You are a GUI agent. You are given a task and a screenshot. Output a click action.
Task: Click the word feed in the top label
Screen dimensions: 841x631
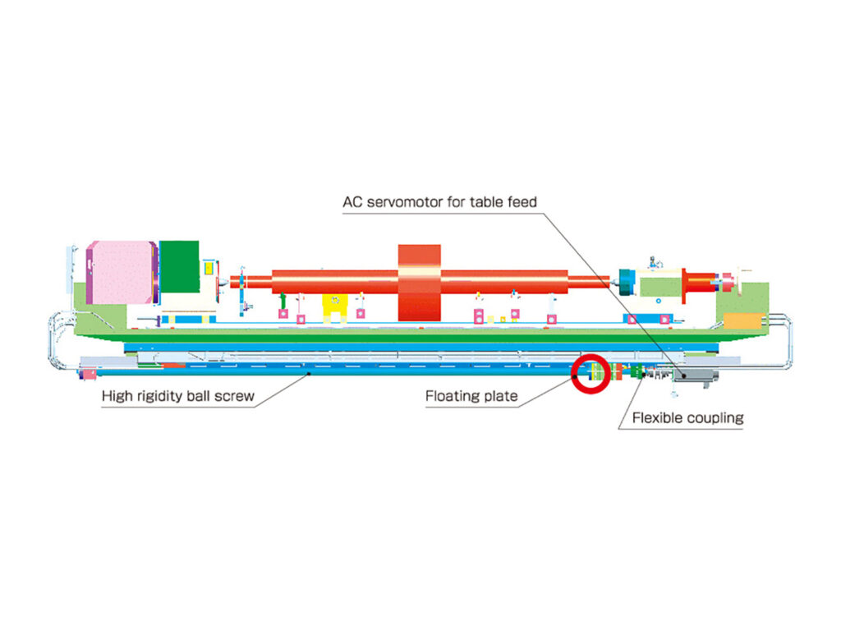[x=522, y=202]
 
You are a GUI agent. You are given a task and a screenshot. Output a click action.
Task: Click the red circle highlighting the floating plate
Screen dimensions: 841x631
[x=591, y=374]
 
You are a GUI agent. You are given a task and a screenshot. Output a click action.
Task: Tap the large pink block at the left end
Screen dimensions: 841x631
[x=122, y=272]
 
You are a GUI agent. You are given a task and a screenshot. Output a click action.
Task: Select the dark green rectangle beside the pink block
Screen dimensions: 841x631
[x=179, y=267]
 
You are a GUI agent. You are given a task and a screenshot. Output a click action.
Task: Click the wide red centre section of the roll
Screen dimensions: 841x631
[x=420, y=283]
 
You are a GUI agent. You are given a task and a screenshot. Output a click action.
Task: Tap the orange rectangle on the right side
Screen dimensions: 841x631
[x=742, y=321]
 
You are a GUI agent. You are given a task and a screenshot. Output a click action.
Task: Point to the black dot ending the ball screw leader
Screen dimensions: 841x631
[x=309, y=374]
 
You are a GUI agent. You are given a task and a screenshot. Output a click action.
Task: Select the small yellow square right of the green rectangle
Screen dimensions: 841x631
[x=209, y=269]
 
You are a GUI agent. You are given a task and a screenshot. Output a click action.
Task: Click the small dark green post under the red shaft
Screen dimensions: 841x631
[x=283, y=301]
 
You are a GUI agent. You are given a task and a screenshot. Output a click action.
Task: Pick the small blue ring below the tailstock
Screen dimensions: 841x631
[x=659, y=301]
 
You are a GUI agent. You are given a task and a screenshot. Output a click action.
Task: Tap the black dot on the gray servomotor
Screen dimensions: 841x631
[x=684, y=376]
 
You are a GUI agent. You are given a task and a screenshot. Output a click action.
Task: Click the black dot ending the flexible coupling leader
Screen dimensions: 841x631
[x=644, y=375]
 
